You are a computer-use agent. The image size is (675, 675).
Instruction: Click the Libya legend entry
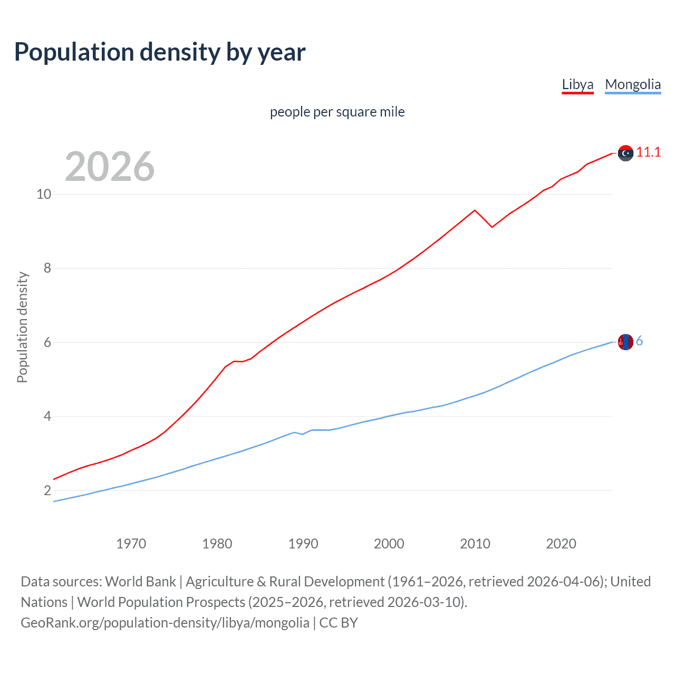tap(577, 84)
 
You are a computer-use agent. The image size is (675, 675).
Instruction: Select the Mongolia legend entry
tap(632, 84)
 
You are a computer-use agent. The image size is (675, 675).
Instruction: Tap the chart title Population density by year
tap(160, 52)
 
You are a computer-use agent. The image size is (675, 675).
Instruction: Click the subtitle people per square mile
tap(337, 112)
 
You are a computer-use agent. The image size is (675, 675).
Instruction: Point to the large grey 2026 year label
tap(110, 167)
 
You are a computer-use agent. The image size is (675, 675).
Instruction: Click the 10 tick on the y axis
tap(44, 194)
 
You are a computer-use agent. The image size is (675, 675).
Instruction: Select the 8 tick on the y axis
tap(47, 268)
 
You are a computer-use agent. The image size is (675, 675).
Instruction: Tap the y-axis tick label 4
tap(47, 417)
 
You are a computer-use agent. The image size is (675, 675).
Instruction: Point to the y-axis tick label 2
tap(47, 490)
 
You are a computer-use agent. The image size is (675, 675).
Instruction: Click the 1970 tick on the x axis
tap(131, 544)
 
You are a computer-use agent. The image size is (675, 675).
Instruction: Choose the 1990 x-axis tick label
tap(303, 544)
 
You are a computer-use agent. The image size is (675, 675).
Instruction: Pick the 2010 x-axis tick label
tap(475, 544)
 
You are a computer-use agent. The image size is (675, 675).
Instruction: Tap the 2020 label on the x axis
tap(561, 544)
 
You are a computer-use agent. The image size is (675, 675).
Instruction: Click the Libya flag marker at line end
tap(625, 153)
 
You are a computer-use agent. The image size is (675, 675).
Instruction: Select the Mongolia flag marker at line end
tap(625, 342)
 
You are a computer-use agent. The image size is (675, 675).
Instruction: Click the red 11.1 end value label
tap(648, 152)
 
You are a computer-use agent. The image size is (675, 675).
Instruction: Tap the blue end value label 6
tap(639, 341)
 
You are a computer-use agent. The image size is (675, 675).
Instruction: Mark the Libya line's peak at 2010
tap(475, 210)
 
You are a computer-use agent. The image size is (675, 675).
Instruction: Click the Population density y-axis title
tap(22, 327)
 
